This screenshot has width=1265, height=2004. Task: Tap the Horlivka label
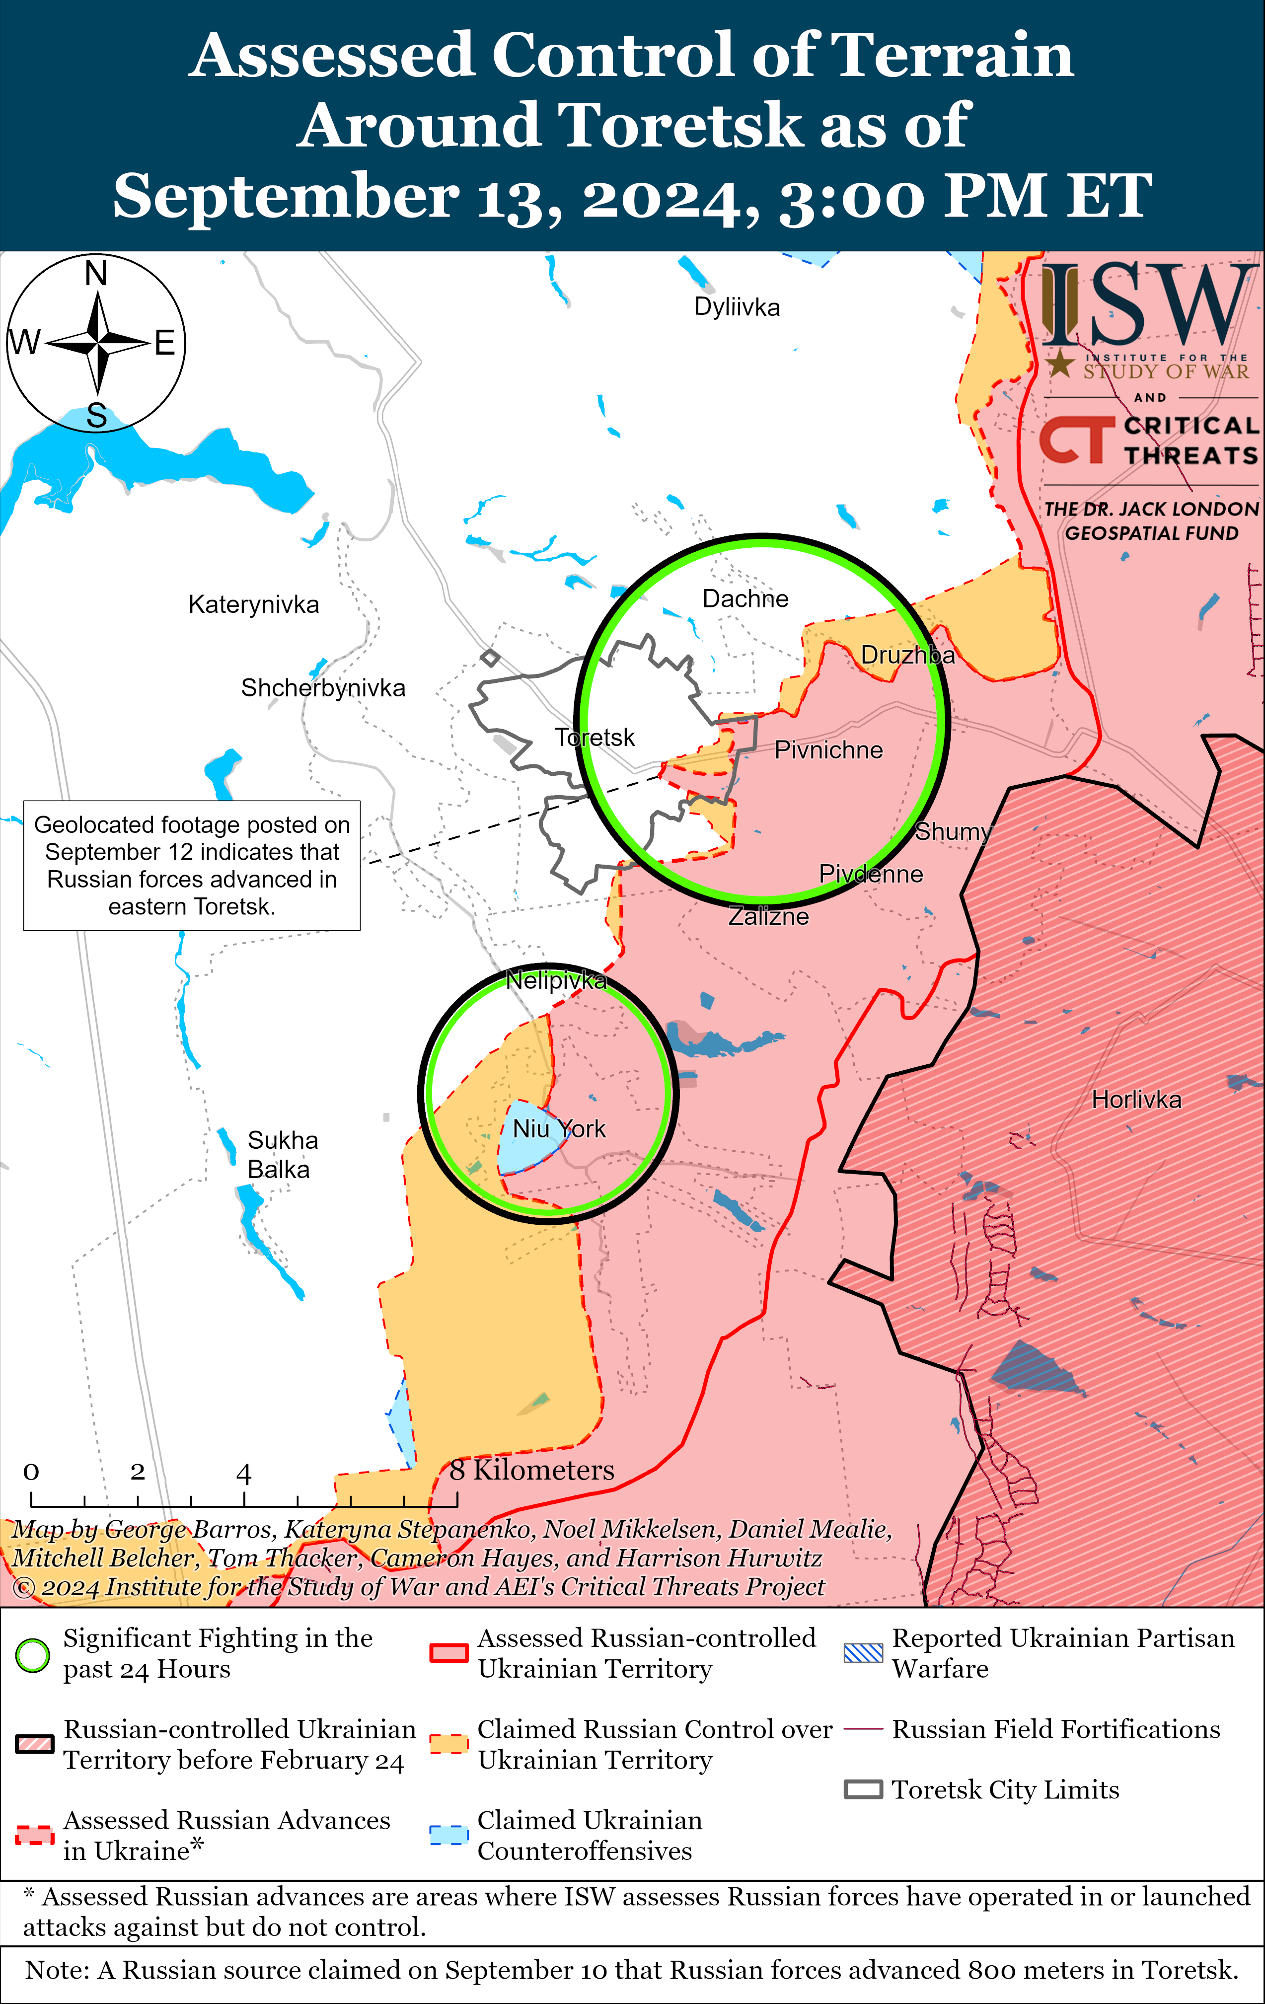(x=1136, y=1100)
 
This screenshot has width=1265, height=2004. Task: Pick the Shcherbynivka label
(x=323, y=688)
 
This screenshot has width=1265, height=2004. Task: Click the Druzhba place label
(x=907, y=655)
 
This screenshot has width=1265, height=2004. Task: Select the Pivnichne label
(x=828, y=750)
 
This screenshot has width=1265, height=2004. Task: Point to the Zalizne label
(x=768, y=916)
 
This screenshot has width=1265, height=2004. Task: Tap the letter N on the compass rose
(x=96, y=274)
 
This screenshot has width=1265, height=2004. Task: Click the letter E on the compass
(x=165, y=343)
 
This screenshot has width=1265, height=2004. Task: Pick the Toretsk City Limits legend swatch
(x=863, y=1789)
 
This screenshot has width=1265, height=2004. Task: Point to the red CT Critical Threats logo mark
(x=1075, y=440)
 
